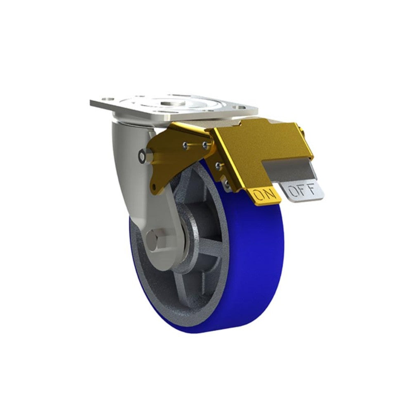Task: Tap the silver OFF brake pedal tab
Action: pyautogui.click(x=303, y=191)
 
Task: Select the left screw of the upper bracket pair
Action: pyautogui.click(x=185, y=145)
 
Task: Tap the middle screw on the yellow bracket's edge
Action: pyautogui.click(x=218, y=166)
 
